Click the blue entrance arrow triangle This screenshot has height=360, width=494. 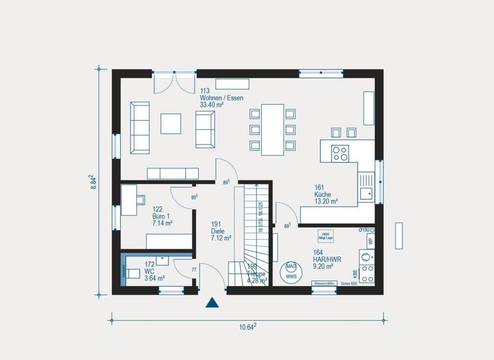click(x=212, y=303)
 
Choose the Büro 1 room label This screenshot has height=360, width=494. click(x=162, y=216)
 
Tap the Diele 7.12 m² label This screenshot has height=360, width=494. click(x=221, y=231)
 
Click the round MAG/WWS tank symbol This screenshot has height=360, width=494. click(x=291, y=270)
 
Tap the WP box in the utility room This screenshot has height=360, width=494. click(x=369, y=241)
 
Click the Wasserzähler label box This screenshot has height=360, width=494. click(x=324, y=283)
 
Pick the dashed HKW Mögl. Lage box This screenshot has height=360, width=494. click(x=325, y=236)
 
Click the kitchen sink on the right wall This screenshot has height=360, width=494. click(x=366, y=190)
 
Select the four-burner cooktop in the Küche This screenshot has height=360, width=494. click(x=340, y=153)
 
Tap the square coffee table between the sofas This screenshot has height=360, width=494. click(x=171, y=123)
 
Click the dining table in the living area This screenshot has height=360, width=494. click(x=272, y=129)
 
